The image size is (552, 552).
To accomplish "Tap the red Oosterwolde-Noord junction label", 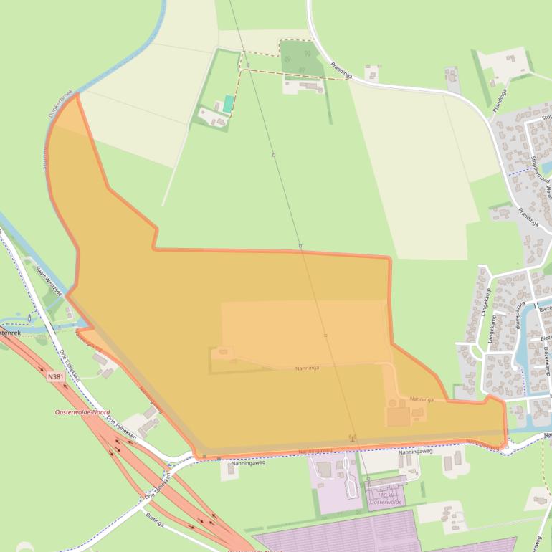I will (x=82, y=413).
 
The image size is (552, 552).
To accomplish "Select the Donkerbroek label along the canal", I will (x=61, y=104).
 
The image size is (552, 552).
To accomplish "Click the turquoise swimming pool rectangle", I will (x=228, y=104).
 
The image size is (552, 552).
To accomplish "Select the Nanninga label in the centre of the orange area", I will (x=307, y=368).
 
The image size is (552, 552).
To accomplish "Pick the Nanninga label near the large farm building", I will (x=422, y=399).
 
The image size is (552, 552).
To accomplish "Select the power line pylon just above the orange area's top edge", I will (x=300, y=246).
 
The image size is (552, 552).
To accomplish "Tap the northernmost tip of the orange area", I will (x=76, y=95).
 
